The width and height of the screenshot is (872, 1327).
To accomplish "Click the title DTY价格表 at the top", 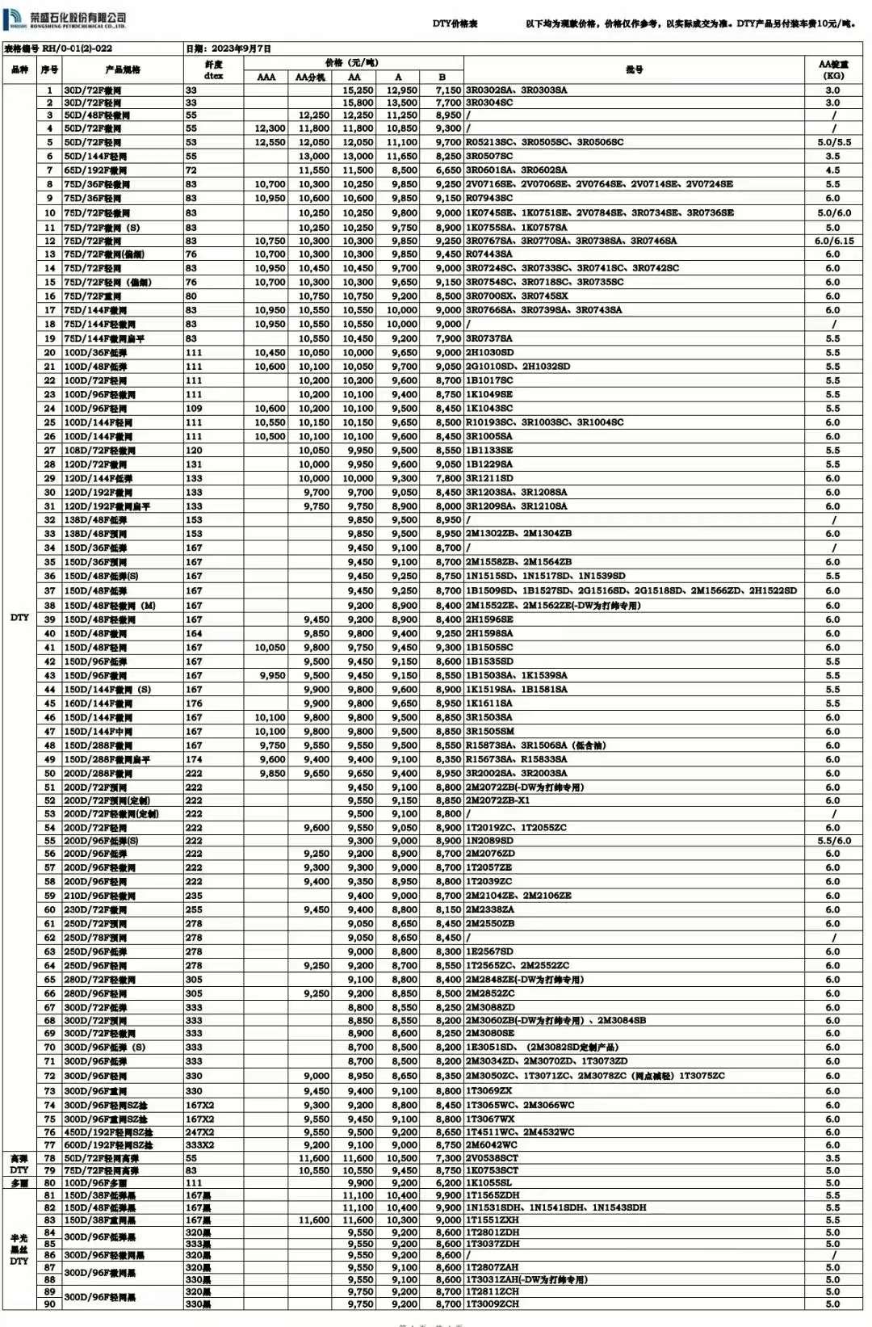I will (455, 24).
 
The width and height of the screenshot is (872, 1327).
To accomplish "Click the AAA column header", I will (266, 78).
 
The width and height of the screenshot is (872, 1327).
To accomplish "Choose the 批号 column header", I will (634, 69).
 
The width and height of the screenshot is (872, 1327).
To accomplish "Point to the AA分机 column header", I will (310, 78).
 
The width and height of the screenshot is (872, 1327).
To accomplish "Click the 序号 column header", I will (49, 69).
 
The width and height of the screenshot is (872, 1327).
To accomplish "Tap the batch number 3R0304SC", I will (489, 103).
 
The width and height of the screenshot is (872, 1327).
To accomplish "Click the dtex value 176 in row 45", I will (194, 703).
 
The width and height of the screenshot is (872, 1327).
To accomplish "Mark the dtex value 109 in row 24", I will (194, 409).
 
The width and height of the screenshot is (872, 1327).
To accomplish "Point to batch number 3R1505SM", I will (489, 732).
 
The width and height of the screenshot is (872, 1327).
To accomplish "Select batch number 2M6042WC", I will (492, 1145).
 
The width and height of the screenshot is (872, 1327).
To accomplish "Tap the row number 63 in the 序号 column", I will (49, 951).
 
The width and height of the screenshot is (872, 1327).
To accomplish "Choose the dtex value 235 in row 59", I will (194, 896).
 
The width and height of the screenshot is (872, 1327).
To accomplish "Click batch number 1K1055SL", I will (489, 1183).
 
